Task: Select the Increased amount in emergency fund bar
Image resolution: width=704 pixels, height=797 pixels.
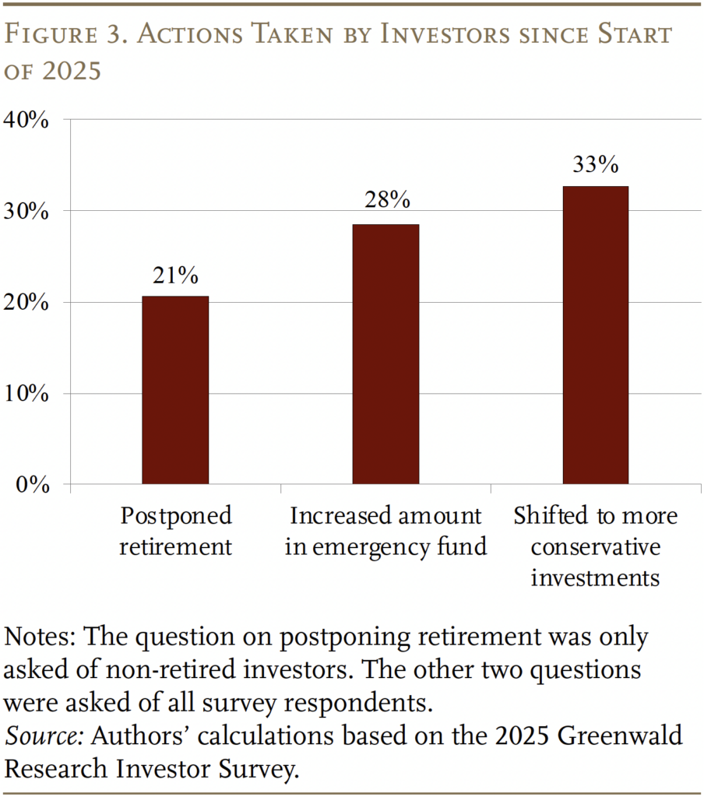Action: pyautogui.click(x=385, y=354)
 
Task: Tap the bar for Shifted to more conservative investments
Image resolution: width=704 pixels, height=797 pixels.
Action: pyautogui.click(x=595, y=335)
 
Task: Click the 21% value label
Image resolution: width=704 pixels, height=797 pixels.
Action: pyautogui.click(x=175, y=276)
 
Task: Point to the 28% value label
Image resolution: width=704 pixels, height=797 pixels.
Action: pyautogui.click(x=386, y=201)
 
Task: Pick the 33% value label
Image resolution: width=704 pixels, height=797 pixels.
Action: pyautogui.click(x=596, y=165)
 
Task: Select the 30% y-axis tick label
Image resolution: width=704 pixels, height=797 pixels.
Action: pyautogui.click(x=27, y=211)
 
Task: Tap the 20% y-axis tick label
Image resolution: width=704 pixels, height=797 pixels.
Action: pyautogui.click(x=27, y=302)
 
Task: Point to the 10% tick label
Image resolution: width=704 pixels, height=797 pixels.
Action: pyautogui.click(x=27, y=394)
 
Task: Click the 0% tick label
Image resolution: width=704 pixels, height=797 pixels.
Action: pyautogui.click(x=33, y=485)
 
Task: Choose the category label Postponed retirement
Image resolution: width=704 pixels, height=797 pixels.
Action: pyautogui.click(x=175, y=531)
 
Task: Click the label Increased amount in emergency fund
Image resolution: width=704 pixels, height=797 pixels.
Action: pyautogui.click(x=385, y=531)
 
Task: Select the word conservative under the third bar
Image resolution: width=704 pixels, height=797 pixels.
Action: pyautogui.click(x=595, y=547)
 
